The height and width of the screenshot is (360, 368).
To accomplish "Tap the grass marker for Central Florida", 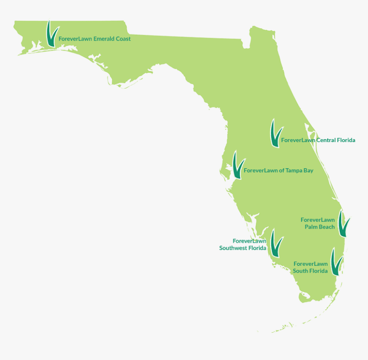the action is [x=275, y=134].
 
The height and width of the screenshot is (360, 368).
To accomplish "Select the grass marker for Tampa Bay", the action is [x=237, y=166].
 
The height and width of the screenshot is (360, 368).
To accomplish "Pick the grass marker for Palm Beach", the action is [x=344, y=223].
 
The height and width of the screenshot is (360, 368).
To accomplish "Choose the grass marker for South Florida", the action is [x=337, y=262].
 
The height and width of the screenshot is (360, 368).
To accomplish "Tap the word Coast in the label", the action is [x=123, y=39].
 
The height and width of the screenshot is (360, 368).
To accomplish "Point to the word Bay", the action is [x=308, y=171].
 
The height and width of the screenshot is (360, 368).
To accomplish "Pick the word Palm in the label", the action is [x=311, y=227].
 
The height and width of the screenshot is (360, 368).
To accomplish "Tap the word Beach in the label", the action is [x=327, y=227].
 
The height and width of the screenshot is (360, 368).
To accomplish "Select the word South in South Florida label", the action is [x=300, y=271].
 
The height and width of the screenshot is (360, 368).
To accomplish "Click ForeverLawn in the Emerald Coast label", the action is [x=75, y=39].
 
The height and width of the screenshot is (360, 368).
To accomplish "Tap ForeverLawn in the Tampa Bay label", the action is [x=261, y=170].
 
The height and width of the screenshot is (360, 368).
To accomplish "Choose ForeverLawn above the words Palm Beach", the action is [x=318, y=220].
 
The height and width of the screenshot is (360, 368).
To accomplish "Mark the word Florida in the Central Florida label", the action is [x=346, y=140].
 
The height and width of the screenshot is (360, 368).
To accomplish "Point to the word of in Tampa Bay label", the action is [x=282, y=170].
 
